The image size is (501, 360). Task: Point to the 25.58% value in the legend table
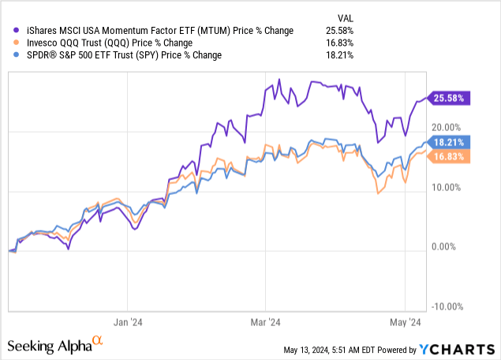click(340, 31)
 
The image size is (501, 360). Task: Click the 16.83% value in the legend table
click(340, 43)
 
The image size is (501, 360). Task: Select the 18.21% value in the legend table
click(340, 56)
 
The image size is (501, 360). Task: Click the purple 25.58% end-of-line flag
click(449, 98)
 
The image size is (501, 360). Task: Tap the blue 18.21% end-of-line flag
click(449, 142)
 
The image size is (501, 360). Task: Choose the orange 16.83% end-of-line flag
click(449, 157)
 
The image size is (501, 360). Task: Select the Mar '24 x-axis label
click(267, 322)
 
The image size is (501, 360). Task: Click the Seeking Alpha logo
click(55, 345)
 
